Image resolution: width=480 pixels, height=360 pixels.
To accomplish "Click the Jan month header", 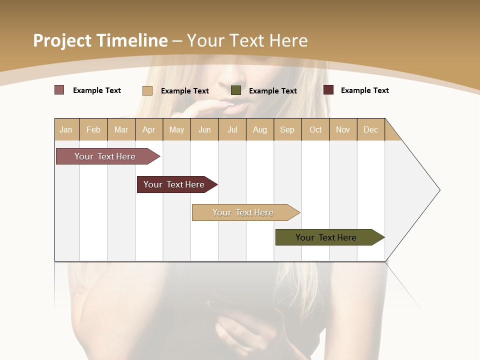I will (x=66, y=129).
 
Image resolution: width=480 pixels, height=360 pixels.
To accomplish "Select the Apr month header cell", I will (x=149, y=129).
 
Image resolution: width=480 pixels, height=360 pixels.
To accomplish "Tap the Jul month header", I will (x=232, y=129).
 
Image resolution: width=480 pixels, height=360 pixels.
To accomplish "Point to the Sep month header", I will (x=287, y=129).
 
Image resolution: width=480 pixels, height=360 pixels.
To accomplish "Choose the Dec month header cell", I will (x=370, y=129).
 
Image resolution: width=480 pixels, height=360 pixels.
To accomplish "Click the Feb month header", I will (x=93, y=129).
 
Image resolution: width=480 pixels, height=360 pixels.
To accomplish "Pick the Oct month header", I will (x=315, y=129).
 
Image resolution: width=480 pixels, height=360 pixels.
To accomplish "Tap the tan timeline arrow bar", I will (x=243, y=212).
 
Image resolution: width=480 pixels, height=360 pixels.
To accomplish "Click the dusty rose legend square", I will (x=59, y=90).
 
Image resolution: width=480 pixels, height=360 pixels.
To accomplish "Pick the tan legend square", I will (x=147, y=90).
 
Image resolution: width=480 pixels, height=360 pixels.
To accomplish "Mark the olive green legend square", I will (x=236, y=90).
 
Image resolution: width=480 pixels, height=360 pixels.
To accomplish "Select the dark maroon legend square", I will (x=328, y=90).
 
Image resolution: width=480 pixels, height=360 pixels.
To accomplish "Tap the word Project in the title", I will (x=62, y=40).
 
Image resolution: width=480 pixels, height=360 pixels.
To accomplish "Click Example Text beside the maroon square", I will (x=364, y=90).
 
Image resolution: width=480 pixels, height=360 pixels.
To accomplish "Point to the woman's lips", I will (x=238, y=106).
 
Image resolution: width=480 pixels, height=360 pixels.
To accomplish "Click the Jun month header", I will (x=204, y=129).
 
